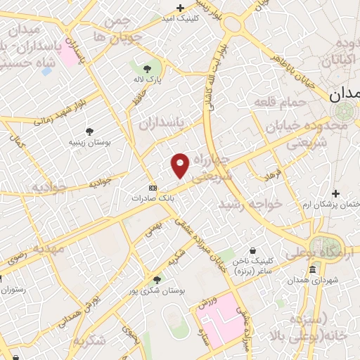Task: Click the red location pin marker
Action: (180, 165)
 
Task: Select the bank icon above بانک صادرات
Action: (153, 188)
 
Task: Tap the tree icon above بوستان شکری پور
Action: (157, 279)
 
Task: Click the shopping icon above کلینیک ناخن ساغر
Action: (252, 250)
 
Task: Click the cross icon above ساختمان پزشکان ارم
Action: (336, 193)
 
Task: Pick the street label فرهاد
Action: (272, 173)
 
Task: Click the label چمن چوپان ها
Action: (117, 28)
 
